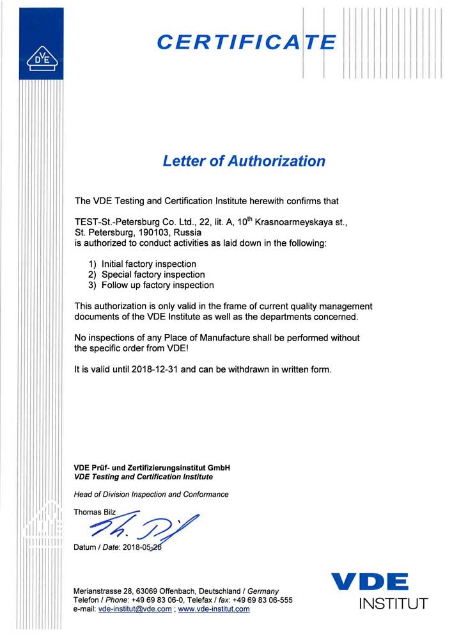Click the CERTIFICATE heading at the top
tap(246, 42)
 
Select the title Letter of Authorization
tap(244, 161)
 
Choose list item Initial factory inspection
tap(149, 264)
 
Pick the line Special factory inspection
tap(153, 275)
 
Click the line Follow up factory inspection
tap(158, 285)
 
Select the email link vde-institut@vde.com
tap(135, 609)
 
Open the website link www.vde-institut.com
tap(214, 609)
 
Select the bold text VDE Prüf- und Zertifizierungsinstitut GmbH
tap(152, 468)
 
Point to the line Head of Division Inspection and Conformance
tap(152, 494)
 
